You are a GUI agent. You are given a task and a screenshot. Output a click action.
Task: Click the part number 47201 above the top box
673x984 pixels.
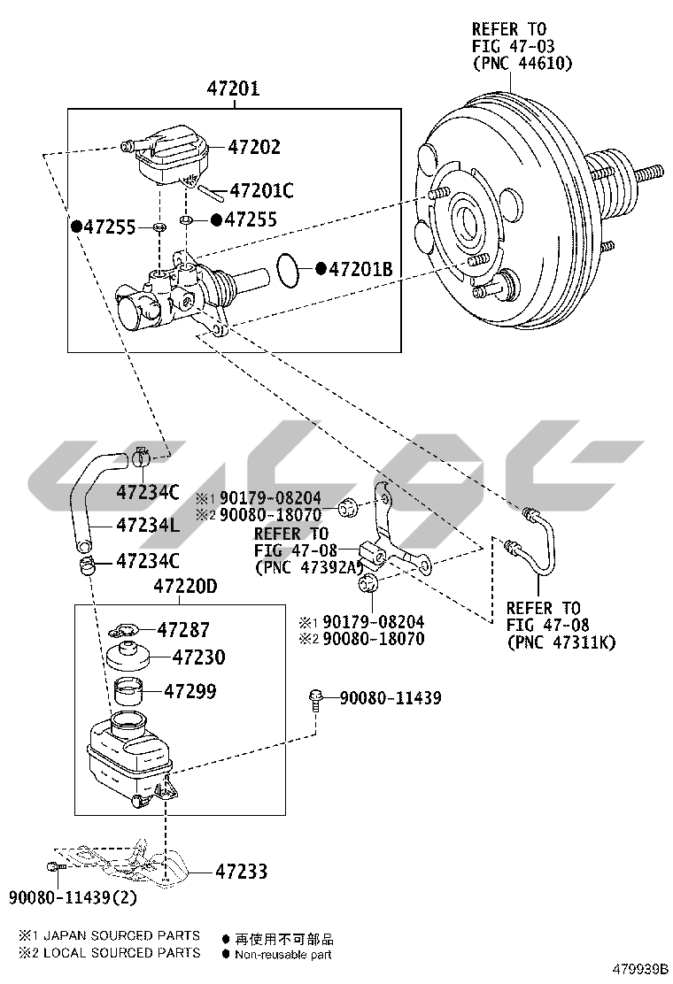(x=234, y=88)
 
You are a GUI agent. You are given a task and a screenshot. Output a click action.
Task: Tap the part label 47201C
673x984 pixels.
(x=261, y=190)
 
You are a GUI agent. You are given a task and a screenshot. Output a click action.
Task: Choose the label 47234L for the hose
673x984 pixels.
(x=148, y=525)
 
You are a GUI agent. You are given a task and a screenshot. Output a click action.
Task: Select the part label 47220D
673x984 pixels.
(x=185, y=586)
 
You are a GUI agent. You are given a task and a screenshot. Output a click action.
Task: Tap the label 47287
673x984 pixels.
(x=183, y=630)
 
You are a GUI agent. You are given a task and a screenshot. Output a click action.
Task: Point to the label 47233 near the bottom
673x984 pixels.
(x=241, y=872)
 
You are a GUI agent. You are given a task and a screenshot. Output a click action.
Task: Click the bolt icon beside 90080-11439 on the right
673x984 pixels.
(x=316, y=698)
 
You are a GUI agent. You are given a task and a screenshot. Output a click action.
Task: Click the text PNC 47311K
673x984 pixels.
(x=561, y=642)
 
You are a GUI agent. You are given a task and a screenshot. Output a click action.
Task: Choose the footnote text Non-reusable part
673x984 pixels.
(x=283, y=955)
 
